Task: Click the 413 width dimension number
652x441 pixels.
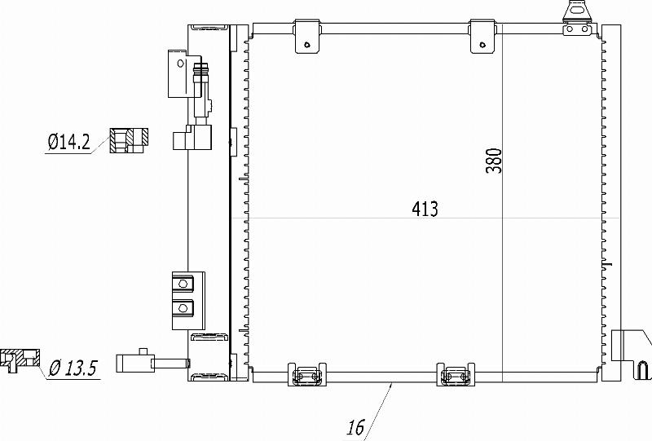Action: [x=425, y=209]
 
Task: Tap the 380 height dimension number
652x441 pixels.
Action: [x=494, y=161]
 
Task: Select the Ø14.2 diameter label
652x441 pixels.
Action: [x=68, y=142]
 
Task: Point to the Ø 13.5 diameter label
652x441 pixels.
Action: [x=73, y=368]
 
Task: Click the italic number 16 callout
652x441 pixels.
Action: [x=356, y=427]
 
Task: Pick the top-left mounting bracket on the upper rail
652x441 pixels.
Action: [x=308, y=37]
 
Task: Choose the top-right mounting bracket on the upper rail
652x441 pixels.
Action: [x=482, y=37]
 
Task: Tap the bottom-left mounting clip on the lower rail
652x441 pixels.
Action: [x=307, y=374]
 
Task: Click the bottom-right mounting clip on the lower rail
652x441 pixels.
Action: [x=456, y=374]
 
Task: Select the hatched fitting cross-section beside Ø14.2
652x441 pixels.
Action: [x=129, y=140]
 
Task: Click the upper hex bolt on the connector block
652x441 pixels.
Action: [x=183, y=284]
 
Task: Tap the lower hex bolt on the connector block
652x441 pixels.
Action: [x=183, y=308]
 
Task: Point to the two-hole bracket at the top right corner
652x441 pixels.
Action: [x=577, y=19]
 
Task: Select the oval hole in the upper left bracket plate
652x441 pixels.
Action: [x=180, y=64]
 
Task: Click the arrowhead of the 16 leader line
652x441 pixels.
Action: [x=391, y=386]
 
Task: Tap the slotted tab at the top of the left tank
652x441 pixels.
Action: [x=208, y=29]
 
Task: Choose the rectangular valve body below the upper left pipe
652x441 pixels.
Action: [x=192, y=137]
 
